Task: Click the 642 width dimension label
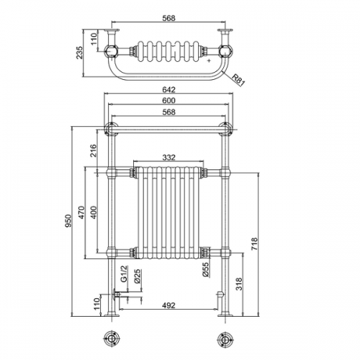point(169,89)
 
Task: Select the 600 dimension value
point(169,100)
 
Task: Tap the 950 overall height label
point(68,220)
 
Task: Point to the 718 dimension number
point(254,244)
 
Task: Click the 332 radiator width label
point(169,157)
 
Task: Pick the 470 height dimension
point(81,212)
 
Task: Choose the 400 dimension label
point(94,212)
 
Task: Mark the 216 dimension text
point(94,150)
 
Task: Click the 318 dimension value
point(239,284)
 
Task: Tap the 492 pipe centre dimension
point(169,305)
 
